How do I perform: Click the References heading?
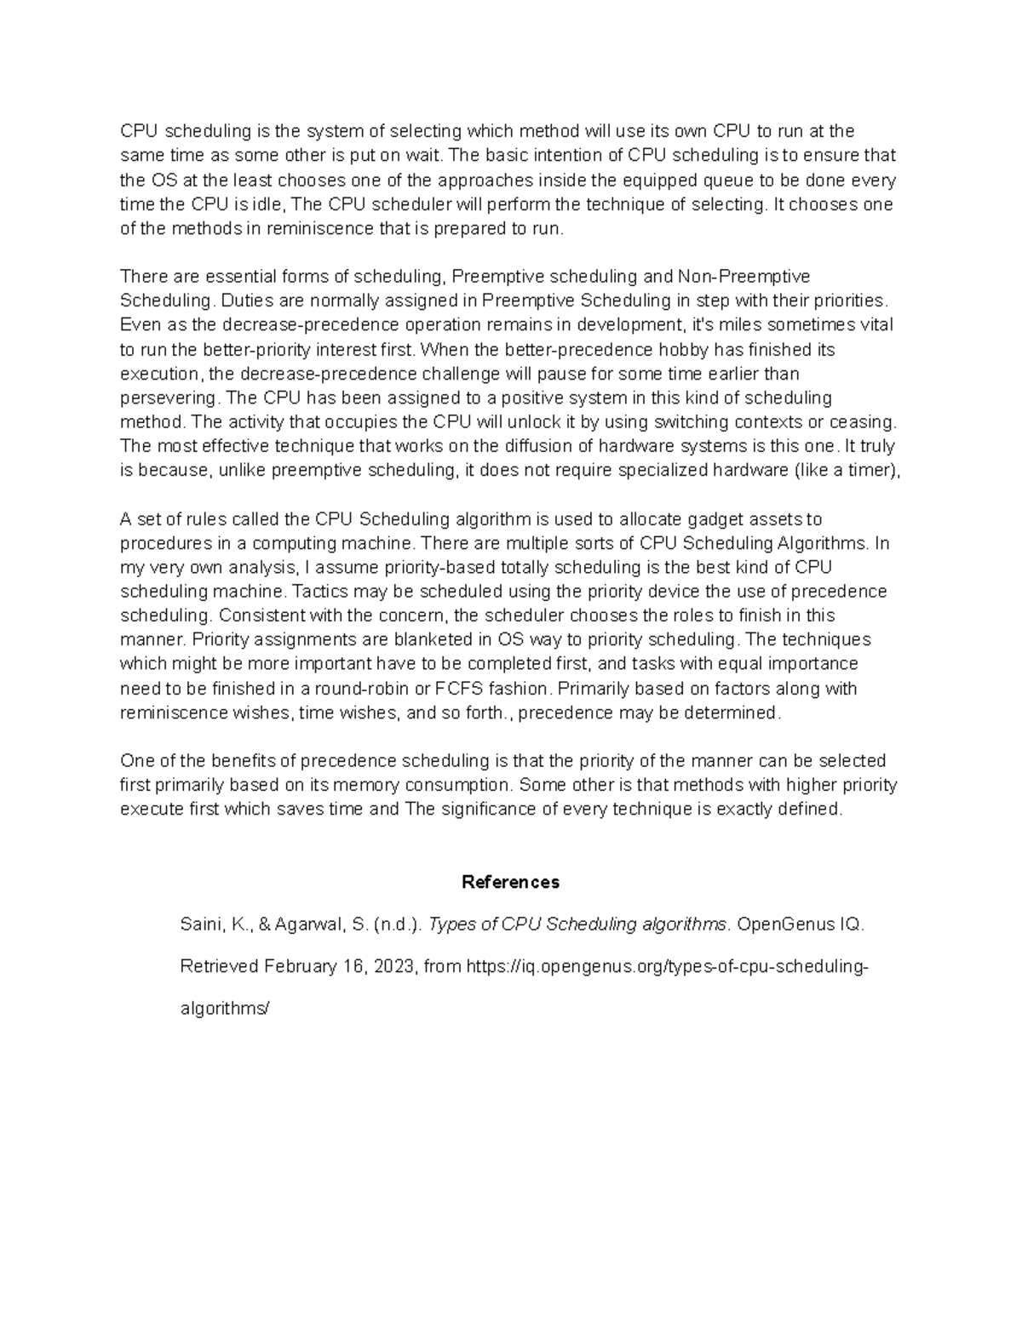(510, 882)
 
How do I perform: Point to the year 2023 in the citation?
(391, 966)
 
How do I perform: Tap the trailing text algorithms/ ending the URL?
(225, 1009)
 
